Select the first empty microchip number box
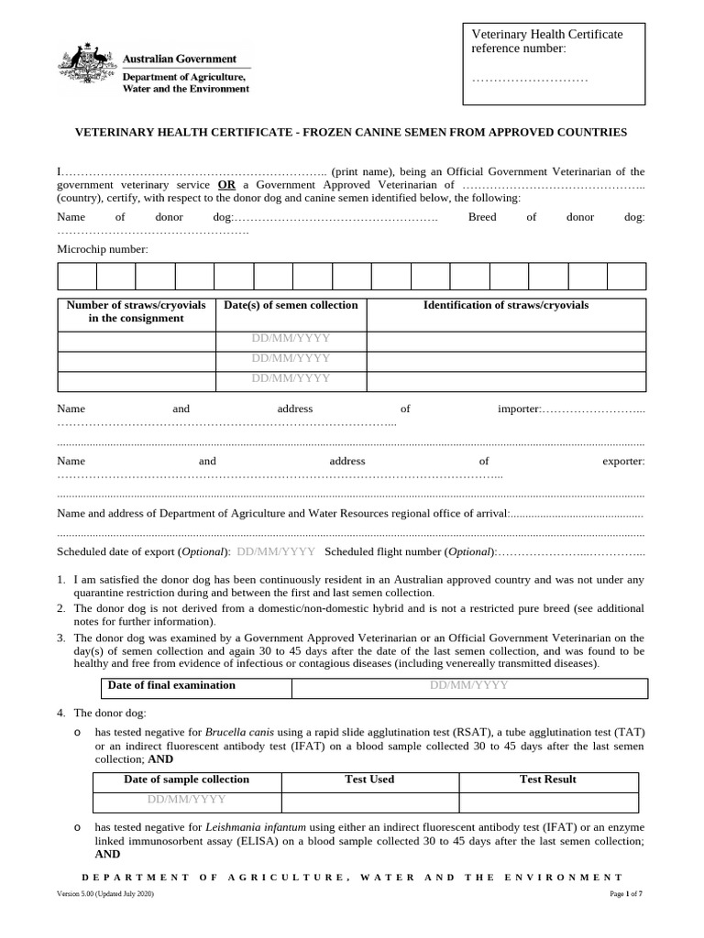77,277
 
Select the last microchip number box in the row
626,277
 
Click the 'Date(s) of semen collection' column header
291,305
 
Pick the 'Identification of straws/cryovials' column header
505,305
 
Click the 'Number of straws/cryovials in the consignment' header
136,311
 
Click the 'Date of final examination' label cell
171,685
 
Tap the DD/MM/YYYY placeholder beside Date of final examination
469,685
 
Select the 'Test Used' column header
368,780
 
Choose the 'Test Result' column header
548,780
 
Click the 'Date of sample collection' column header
186,780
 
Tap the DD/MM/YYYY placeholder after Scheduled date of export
276,552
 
